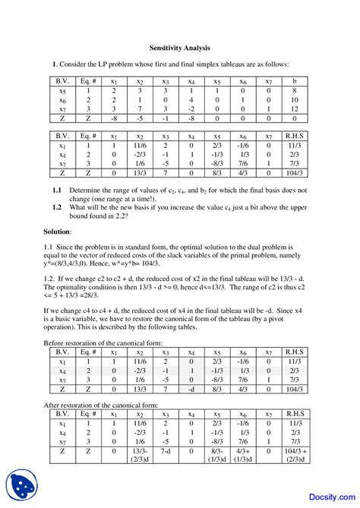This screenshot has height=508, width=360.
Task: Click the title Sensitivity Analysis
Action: click(179, 47)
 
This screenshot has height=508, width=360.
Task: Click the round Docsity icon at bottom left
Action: click(22, 485)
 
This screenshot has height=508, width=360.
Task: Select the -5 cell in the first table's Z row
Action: click(139, 118)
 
